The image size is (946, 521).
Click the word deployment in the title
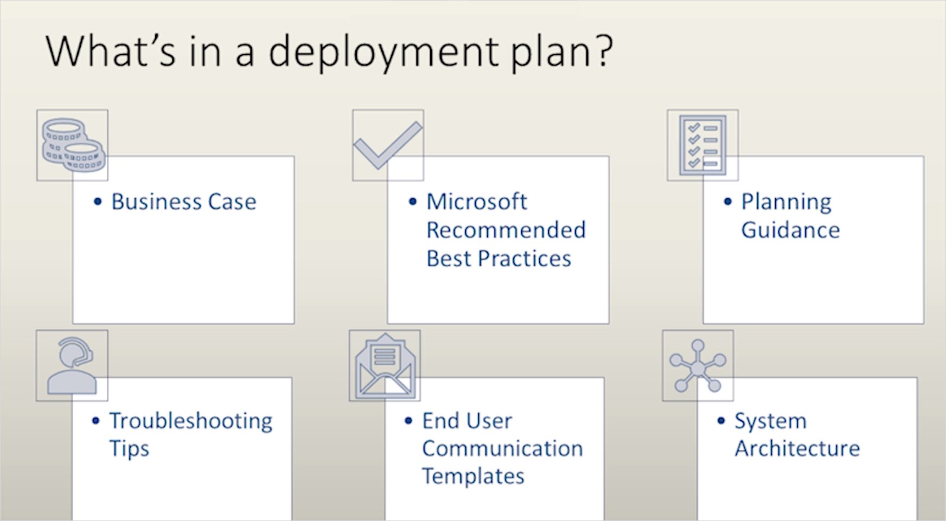384,52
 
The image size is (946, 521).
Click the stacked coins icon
73,145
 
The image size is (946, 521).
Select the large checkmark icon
387,145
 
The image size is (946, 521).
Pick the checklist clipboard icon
702,145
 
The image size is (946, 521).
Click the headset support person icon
72,365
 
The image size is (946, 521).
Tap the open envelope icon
385,365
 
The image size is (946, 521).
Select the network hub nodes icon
698,365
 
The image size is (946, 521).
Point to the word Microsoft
476,202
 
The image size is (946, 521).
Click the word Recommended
506,230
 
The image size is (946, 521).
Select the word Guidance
790,230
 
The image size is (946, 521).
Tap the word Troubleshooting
191,421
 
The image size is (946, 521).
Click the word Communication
502,448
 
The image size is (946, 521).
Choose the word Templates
473,477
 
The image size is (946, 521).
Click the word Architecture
797,448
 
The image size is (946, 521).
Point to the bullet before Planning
727,202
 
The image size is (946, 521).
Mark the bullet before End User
408,421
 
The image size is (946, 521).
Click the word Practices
525,259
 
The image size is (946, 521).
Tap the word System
770,421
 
